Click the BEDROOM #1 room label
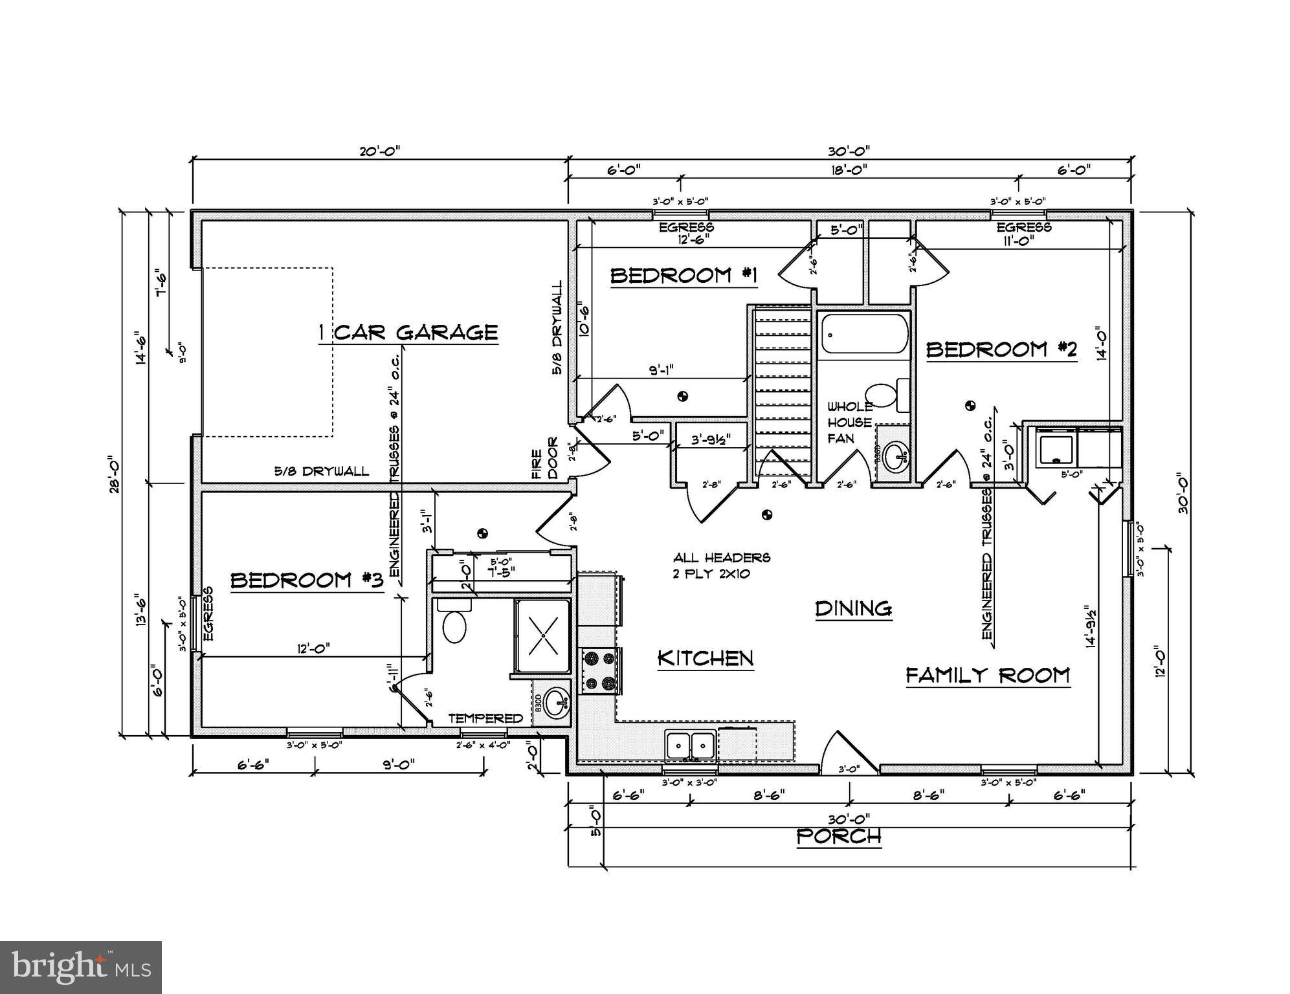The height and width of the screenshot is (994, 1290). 684,276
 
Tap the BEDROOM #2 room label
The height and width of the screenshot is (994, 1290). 1001,350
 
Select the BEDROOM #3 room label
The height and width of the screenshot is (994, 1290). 307,580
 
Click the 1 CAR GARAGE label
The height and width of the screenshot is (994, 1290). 408,333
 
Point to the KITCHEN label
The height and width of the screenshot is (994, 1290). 706,659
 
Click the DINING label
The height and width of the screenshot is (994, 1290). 854,609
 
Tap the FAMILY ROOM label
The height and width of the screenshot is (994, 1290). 987,676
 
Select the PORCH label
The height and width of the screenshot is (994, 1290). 839,837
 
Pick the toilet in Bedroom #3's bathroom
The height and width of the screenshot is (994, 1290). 454,623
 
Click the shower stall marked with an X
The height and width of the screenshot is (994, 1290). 542,635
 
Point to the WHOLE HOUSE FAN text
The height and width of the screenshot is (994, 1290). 850,423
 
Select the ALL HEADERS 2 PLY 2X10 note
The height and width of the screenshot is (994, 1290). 721,565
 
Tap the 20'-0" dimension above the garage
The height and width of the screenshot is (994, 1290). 380,151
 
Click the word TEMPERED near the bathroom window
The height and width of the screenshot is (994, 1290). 485,718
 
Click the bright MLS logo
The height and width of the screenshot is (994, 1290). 81,967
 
